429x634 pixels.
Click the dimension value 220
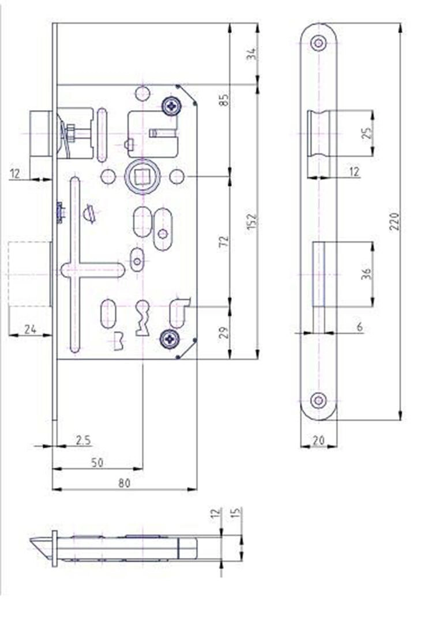394,221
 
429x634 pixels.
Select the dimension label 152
252,221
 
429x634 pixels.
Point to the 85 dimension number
224,100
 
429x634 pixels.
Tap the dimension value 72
224,241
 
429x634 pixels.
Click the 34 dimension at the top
252,54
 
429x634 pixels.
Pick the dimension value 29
224,332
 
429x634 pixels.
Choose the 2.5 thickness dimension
83,440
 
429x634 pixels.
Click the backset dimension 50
97,463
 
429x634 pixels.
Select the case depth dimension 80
125,483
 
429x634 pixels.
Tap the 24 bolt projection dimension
31,330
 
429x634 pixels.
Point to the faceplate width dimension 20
319,440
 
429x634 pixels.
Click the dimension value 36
366,274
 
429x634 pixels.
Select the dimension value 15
237,513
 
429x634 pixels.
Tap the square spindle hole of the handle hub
142,178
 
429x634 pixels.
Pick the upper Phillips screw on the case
171,107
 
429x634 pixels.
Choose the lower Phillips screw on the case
170,338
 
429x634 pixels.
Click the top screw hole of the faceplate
319,43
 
